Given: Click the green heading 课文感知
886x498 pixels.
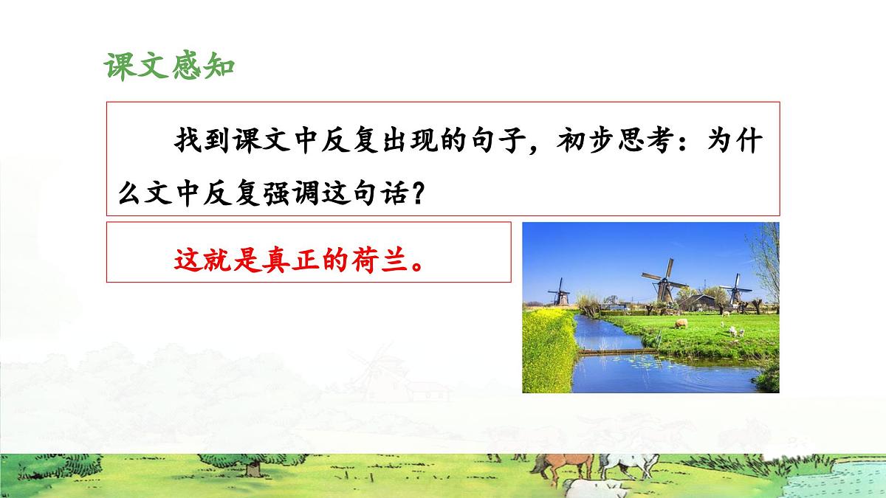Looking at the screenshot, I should point(169,66).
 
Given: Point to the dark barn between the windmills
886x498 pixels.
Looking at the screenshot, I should point(701,302).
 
